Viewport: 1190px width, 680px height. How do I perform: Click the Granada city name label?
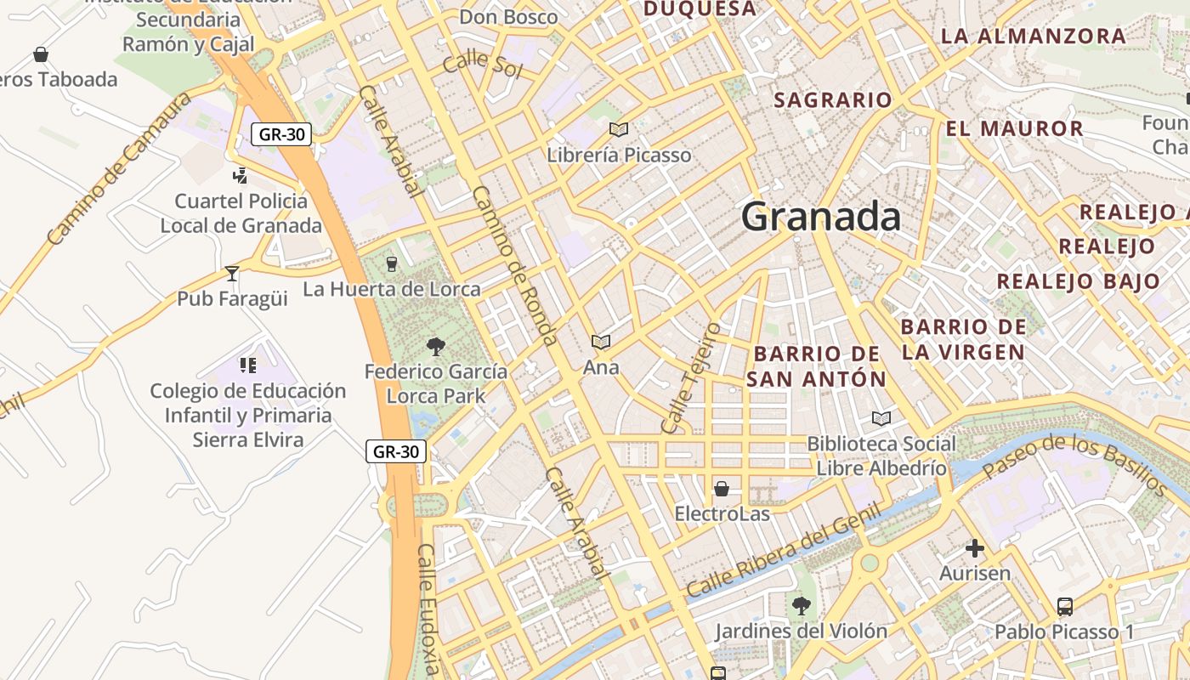(820, 217)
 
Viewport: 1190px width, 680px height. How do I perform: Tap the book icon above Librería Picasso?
(619, 129)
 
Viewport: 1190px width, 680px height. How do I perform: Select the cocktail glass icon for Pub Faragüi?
(232, 273)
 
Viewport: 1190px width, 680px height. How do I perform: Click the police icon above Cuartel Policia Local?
(241, 176)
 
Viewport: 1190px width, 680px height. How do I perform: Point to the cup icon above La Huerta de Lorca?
(392, 263)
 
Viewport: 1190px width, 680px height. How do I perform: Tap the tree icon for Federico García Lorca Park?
(436, 346)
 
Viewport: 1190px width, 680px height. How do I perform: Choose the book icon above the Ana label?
(601, 342)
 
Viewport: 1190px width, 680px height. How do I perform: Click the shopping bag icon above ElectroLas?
(722, 488)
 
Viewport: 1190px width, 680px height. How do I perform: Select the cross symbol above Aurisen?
(975, 548)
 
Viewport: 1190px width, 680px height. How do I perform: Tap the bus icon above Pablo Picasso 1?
(1064, 606)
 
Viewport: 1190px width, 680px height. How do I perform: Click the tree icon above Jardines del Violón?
(801, 605)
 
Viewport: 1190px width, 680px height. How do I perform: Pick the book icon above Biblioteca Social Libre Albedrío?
(881, 418)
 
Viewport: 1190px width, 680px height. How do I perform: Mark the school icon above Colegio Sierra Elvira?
(248, 365)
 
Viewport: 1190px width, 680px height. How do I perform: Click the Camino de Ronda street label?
(515, 266)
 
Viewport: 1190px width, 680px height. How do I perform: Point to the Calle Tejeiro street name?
(690, 377)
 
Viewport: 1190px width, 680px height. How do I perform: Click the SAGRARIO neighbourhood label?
(833, 100)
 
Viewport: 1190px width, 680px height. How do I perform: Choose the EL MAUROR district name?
(1015, 129)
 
